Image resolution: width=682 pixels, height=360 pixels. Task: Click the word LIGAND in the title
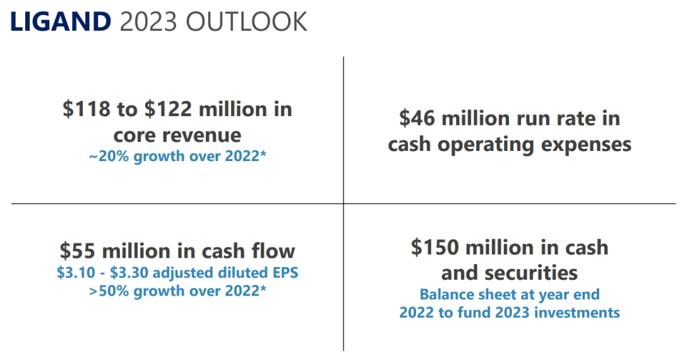pos(59,22)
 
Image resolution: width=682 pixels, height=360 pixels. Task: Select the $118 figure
pos(86,109)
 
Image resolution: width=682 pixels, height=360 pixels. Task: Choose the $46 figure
pos(418,118)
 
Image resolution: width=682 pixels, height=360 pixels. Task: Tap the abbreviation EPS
pos(284,273)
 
